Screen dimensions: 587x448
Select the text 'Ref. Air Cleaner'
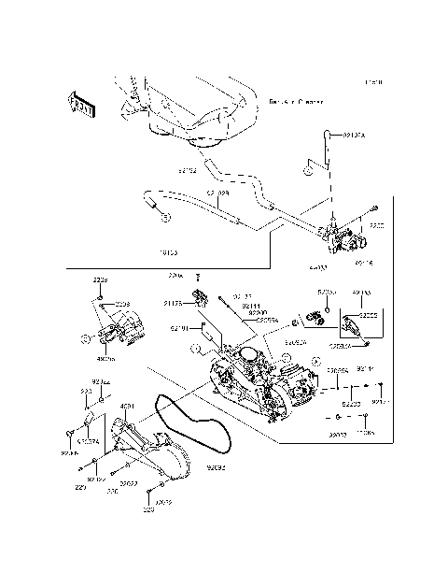point(296,101)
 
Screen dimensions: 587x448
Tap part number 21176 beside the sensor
point(173,304)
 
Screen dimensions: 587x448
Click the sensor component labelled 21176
point(198,299)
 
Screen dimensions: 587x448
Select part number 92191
point(180,328)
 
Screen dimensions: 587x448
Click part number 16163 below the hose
point(169,252)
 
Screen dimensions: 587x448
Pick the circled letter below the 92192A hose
point(305,171)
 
